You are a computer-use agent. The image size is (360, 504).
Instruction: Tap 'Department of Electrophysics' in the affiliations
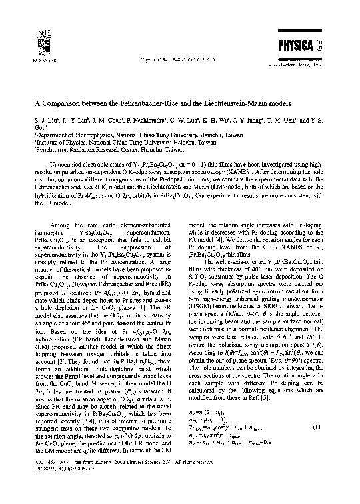point(73,133)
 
